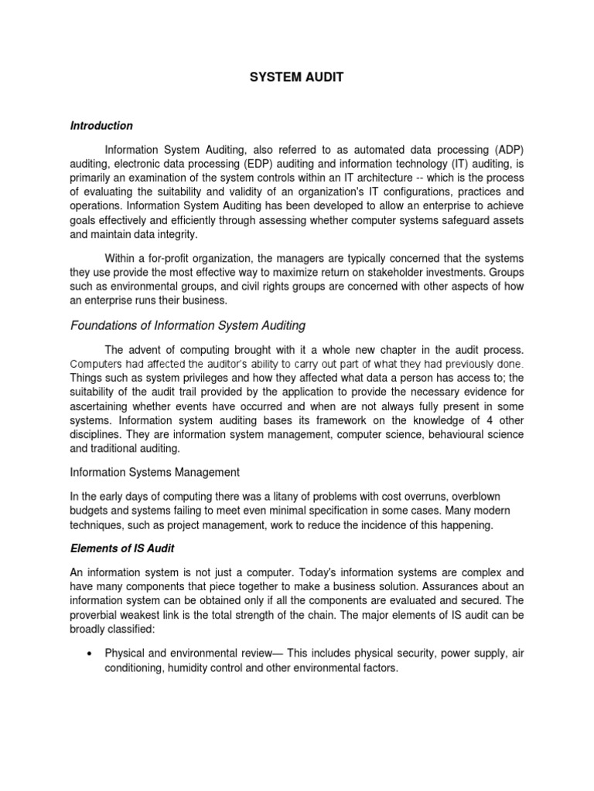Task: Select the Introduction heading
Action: [101, 125]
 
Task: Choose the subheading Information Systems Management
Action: [155, 471]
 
